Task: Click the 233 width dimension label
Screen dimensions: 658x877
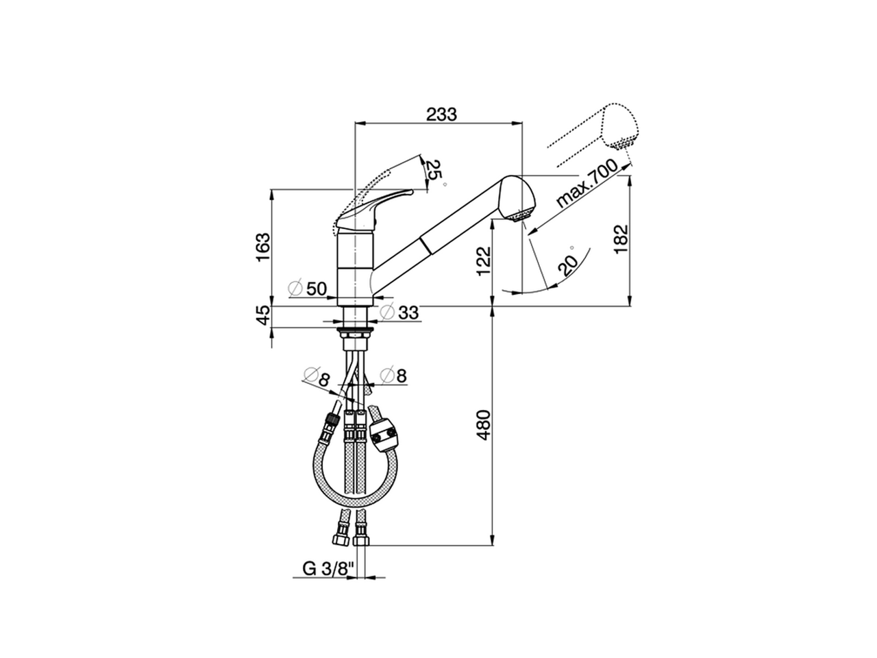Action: click(441, 114)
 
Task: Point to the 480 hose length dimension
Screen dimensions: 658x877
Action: click(483, 424)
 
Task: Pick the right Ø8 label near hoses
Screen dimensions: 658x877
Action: click(393, 375)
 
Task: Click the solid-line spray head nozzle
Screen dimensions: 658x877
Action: click(519, 201)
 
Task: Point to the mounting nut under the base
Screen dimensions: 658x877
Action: click(357, 334)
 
